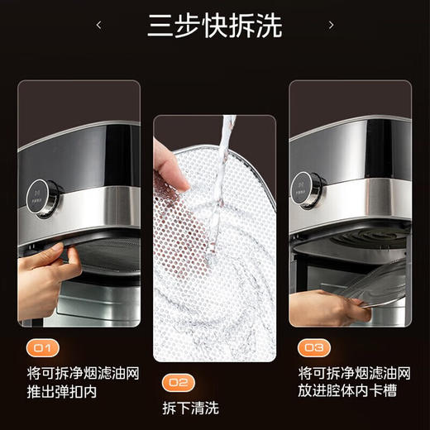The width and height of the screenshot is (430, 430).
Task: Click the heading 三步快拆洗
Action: [x=214, y=26]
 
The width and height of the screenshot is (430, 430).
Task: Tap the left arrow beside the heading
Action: [x=99, y=26]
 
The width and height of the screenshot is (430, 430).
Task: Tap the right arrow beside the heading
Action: [x=331, y=26]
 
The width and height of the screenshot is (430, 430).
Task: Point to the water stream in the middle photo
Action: [x=219, y=182]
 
